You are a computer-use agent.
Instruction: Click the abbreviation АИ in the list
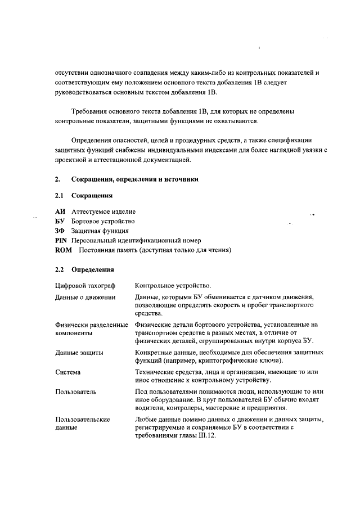pos(60,211)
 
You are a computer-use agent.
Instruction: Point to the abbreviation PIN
pos(61,240)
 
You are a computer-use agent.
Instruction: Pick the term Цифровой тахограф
pos(85,286)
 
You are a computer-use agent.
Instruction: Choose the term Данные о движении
pos(85,296)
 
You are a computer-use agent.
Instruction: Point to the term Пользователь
pos(76,391)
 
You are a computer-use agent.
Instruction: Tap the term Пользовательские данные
pos(82,424)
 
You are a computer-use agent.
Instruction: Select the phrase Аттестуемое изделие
pos(103,211)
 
